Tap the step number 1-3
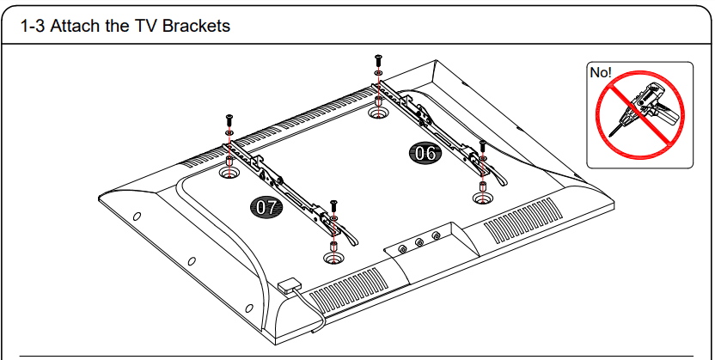click(x=34, y=26)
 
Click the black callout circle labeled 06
click(x=425, y=154)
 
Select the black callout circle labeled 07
click(x=265, y=206)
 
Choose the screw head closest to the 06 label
click(x=482, y=143)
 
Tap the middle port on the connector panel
click(x=419, y=243)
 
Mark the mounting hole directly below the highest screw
click(x=376, y=112)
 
